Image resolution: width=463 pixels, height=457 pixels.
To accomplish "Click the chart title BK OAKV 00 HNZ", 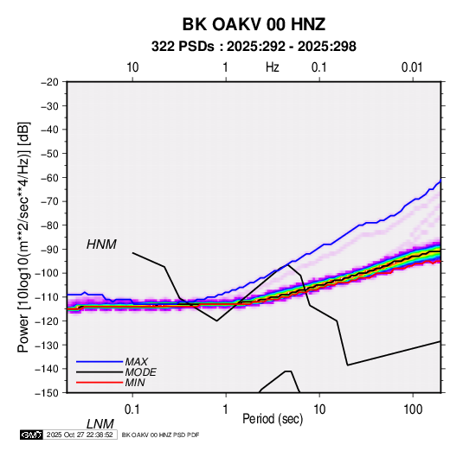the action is pos(254,24).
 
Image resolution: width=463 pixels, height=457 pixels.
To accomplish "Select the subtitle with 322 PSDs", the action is pos(254,47).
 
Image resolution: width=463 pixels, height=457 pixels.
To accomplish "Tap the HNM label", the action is pos(101,244).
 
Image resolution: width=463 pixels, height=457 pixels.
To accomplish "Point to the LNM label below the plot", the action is pos(100,424).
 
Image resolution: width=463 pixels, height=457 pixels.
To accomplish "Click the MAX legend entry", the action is pos(136,361).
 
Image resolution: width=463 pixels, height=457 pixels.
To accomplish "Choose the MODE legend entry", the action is pos(140,372).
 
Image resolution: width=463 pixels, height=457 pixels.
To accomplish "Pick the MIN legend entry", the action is pos(135,383).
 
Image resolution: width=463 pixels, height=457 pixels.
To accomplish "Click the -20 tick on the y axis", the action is pos(49,82).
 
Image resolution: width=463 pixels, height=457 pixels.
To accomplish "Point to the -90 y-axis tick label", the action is pos(49,249).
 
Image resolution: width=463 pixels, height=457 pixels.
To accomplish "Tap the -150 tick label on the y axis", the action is pos(47,393).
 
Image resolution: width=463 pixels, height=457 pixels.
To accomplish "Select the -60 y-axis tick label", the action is pos(49,177).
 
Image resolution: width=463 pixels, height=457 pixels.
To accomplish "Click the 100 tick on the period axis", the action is pos(413,409).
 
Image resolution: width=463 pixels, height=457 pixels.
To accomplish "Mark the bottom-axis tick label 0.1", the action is pos(132,409).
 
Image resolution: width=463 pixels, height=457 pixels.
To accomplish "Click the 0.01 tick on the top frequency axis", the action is pos(412,67).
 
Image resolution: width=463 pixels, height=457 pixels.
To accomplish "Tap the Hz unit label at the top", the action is pos(273,67).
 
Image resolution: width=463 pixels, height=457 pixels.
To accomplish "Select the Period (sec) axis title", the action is pos(273,419).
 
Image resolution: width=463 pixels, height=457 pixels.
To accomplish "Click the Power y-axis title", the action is pos(23,238).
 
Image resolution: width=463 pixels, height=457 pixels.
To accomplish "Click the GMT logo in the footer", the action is pos(31,435).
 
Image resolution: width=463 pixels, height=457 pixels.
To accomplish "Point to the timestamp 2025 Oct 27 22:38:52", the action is pos(80,435).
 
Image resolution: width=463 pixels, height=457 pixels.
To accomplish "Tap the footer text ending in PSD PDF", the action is pos(160,435).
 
